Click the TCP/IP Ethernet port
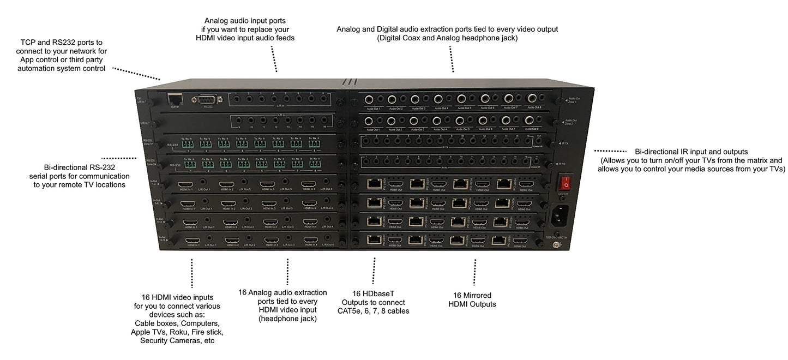[175, 99]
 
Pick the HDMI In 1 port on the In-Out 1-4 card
[185, 184]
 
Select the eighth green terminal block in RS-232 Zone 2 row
[314, 163]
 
